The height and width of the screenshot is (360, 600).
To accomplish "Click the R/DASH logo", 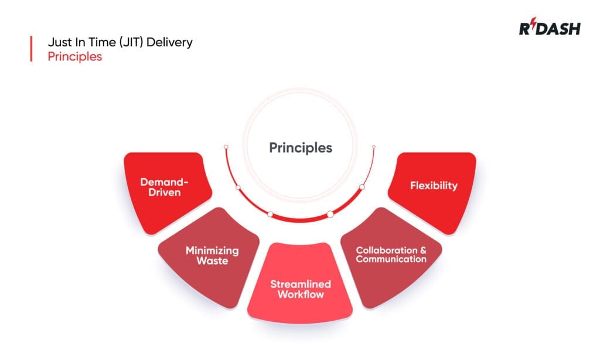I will coord(549,28).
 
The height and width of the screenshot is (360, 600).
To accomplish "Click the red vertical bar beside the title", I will coord(30,49).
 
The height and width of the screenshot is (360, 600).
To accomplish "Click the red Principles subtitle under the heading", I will coord(74,57).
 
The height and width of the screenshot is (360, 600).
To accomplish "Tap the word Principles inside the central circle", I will coord(301,147).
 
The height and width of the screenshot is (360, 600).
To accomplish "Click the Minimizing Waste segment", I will coord(212,256).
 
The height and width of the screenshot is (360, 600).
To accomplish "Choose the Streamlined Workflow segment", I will coord(300,289).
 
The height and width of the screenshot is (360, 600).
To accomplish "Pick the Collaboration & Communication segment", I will coord(391,254).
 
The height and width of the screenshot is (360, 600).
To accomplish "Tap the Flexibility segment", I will coord(434,186).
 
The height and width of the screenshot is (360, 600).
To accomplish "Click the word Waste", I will coord(212,260).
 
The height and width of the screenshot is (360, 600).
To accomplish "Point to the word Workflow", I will coord(300,294).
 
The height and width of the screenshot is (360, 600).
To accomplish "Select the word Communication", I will coord(391,259).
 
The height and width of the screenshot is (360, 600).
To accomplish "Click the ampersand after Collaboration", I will coord(423,250).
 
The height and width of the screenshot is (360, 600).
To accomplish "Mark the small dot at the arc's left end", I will coord(224,147).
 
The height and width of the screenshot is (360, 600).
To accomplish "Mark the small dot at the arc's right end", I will coord(374,147).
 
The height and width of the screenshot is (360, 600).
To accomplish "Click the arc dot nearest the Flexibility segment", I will coord(362,187).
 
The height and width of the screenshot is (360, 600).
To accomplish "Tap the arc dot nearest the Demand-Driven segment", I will coord(238,188).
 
